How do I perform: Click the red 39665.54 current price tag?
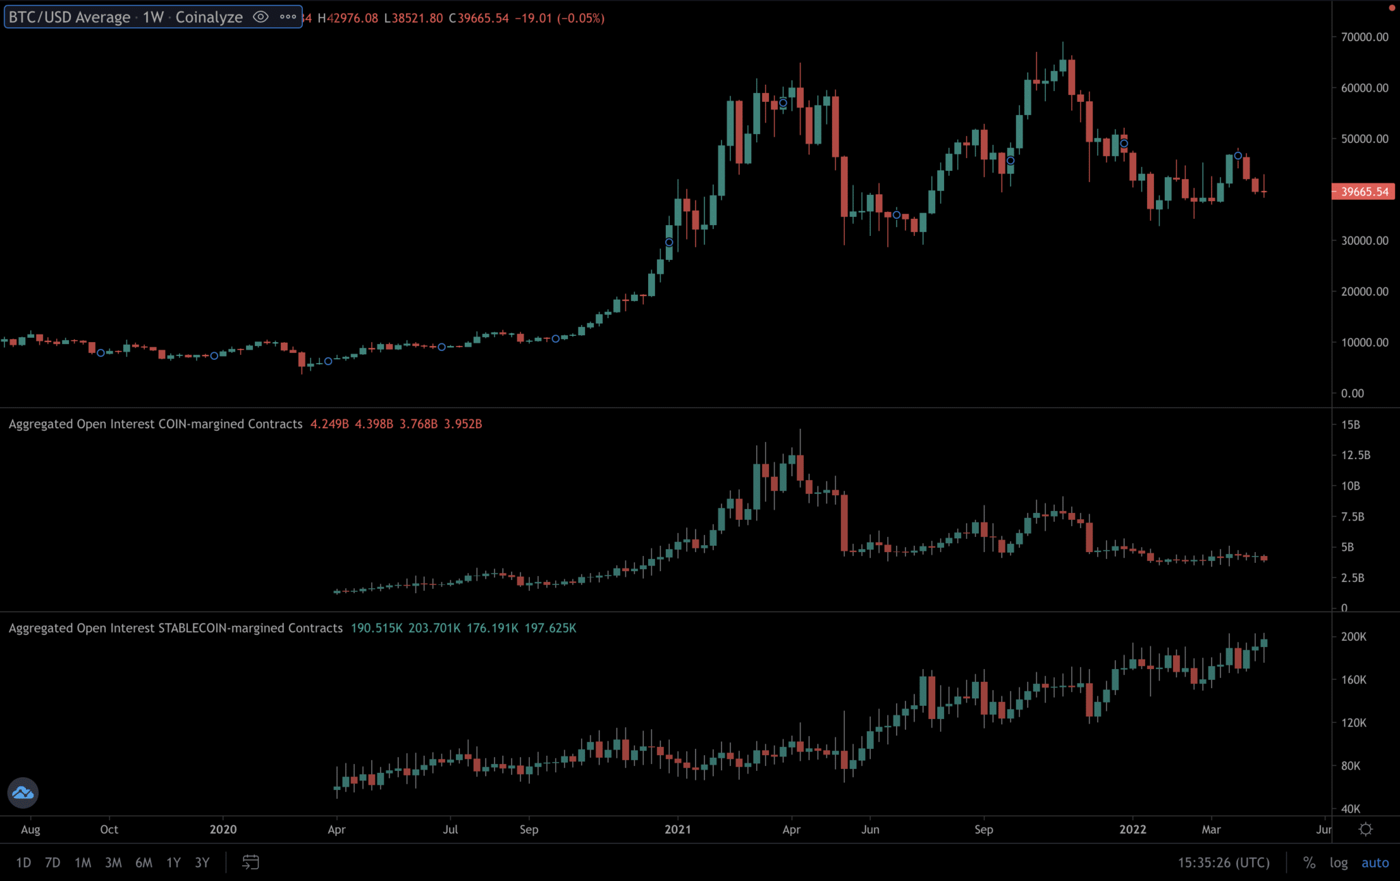point(1364,192)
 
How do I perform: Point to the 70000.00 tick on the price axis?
point(1364,37)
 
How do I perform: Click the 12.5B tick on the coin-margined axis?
point(1355,455)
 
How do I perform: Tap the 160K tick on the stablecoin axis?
point(1354,679)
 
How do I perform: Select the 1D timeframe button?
point(23,863)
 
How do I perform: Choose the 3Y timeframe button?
point(202,863)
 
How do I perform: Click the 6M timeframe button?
point(144,863)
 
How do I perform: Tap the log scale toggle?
point(1338,863)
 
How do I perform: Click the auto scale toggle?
point(1375,863)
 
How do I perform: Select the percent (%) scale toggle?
point(1309,863)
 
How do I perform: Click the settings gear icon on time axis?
point(1365,829)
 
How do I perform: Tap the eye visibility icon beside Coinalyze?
point(260,17)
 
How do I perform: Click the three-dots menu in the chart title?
point(288,17)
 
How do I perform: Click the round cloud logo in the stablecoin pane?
point(23,793)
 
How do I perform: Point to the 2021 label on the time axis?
point(677,829)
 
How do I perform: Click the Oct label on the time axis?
point(109,829)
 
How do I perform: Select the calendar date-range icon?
point(250,863)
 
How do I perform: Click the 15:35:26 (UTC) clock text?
point(1223,863)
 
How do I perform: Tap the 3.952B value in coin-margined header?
point(463,424)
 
